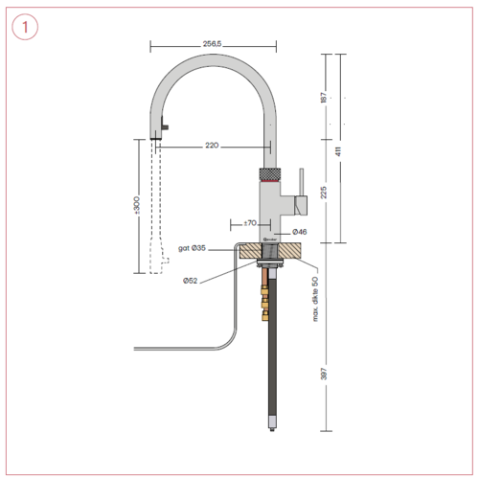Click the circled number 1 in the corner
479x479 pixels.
26,28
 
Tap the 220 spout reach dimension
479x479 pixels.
212,146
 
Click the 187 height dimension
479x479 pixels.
325,98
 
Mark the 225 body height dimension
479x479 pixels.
325,192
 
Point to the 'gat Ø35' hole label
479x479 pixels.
192,248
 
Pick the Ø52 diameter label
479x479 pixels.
192,282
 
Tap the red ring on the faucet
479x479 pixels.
271,178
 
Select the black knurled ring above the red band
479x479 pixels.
271,171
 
